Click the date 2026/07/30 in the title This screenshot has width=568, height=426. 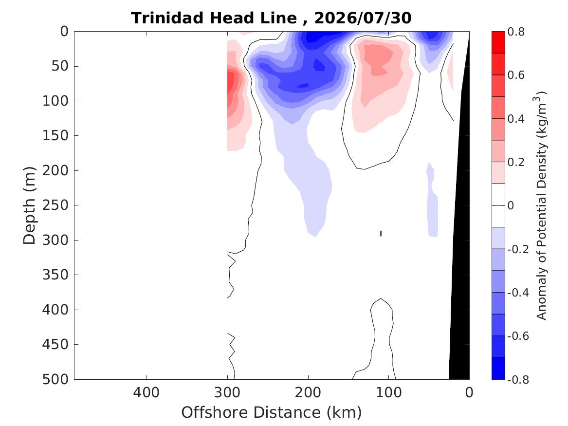363,18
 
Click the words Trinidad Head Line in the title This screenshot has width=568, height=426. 214,18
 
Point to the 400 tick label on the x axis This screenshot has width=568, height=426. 147,393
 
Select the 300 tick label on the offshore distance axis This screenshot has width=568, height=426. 227,393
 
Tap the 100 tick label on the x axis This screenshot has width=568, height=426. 389,393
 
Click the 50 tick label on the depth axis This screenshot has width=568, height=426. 60,66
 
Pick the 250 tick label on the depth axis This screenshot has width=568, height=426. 55,205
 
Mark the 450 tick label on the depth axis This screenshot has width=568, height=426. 55,345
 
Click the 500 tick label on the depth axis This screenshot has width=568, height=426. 55,379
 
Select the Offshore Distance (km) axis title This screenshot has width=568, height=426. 271,412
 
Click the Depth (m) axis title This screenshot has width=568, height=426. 29,205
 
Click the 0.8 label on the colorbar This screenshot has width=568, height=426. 516,32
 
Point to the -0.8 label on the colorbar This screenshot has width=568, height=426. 518,380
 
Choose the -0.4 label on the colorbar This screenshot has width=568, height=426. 518,293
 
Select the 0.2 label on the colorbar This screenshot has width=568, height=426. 516,162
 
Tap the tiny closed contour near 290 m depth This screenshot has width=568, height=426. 381,233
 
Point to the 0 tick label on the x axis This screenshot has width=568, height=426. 469,393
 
